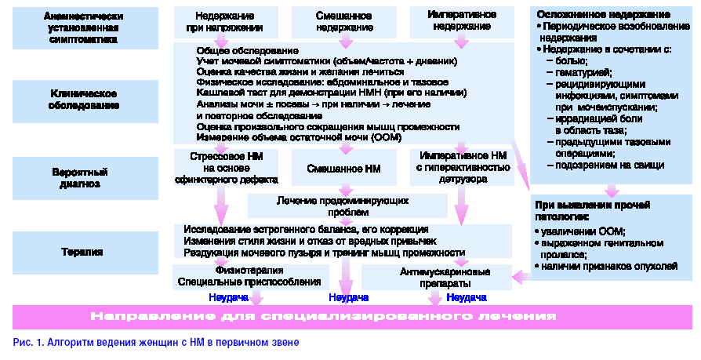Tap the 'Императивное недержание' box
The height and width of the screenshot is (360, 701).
click(x=460, y=21)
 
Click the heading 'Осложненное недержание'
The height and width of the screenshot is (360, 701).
click(x=603, y=15)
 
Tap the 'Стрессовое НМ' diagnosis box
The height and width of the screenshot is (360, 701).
click(x=226, y=167)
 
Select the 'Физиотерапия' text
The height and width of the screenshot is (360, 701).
click(x=249, y=270)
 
